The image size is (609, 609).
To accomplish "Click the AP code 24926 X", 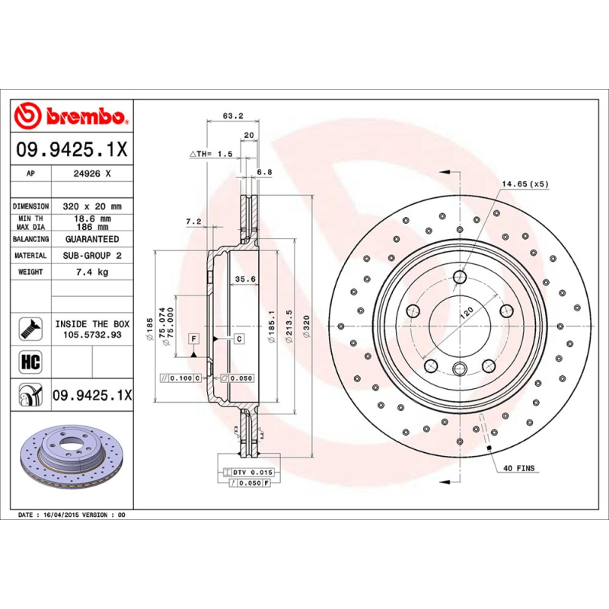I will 91,174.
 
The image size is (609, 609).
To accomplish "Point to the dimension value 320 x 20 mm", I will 91,206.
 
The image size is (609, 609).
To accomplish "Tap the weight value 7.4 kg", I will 91,272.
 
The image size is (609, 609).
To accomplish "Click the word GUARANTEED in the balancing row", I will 91,239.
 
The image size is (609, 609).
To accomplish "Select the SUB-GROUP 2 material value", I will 91,256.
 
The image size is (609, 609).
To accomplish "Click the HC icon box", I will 30,359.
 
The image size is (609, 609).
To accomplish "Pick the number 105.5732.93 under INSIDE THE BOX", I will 91,334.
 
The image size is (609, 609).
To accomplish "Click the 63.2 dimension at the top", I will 232,116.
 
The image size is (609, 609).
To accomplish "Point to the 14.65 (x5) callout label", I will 525,184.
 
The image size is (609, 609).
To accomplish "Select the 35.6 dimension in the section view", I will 244,279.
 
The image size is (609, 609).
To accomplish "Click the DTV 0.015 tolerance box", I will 250,473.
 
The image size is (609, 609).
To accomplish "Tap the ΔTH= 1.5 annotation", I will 211,154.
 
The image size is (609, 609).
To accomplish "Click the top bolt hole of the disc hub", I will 459,276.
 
